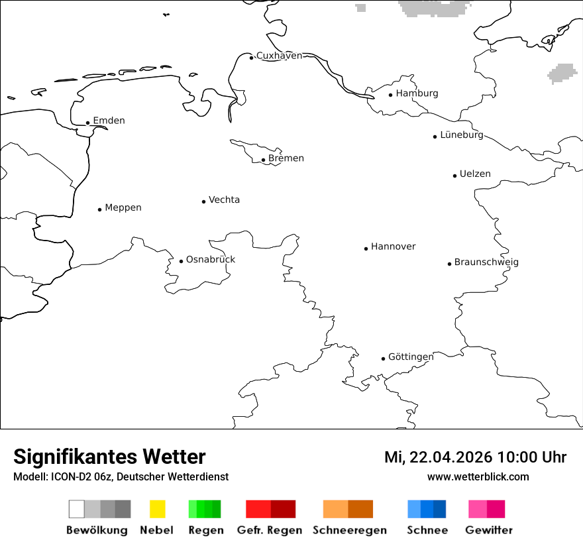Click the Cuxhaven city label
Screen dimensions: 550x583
pyautogui.click(x=279, y=56)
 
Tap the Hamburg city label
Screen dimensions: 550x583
pyautogui.click(x=417, y=93)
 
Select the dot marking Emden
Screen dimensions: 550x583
pyautogui.click(x=87, y=123)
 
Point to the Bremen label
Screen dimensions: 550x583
pyautogui.click(x=286, y=158)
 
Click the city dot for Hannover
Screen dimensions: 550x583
pyautogui.click(x=366, y=248)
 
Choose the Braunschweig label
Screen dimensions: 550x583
pyautogui.click(x=486, y=262)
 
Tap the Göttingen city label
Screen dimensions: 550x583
pyautogui.click(x=411, y=357)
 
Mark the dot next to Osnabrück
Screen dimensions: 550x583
pyautogui.click(x=181, y=261)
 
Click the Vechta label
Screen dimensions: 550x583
pyautogui.click(x=224, y=200)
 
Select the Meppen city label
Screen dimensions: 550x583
pyautogui.click(x=123, y=208)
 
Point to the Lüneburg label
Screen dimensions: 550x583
pyautogui.click(x=462, y=135)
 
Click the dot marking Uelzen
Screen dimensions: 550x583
pyautogui.click(x=454, y=176)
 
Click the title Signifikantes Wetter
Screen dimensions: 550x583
pyautogui.click(x=109, y=457)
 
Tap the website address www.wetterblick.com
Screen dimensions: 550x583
pyautogui.click(x=478, y=477)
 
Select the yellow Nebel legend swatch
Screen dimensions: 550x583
pyautogui.click(x=157, y=509)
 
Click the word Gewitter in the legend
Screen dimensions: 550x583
pyautogui.click(x=489, y=530)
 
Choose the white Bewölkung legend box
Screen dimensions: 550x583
pyautogui.click(x=76, y=509)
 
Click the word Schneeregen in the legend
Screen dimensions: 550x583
pyautogui.click(x=350, y=530)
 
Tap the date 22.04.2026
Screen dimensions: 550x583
pyautogui.click(x=451, y=457)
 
